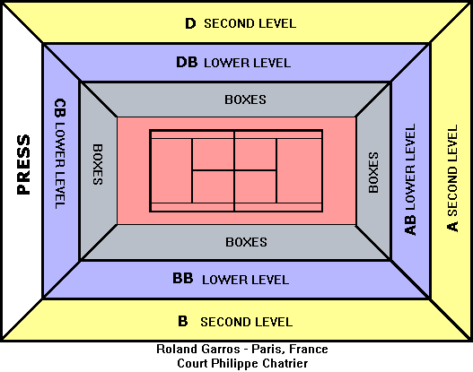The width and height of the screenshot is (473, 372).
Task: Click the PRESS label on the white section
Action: pyautogui.click(x=23, y=164)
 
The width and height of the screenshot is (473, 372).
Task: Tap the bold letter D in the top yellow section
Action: pyautogui.click(x=190, y=23)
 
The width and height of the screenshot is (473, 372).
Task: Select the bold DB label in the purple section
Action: pyautogui.click(x=187, y=63)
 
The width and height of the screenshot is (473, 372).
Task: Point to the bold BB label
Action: pyautogui.click(x=183, y=278)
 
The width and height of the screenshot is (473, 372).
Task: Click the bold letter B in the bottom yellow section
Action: pyautogui.click(x=183, y=321)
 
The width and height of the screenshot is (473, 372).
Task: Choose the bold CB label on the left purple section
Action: pyautogui.click(x=60, y=108)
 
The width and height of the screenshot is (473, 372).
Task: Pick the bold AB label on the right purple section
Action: pyautogui.click(x=410, y=225)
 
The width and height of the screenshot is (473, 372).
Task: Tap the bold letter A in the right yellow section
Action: pyautogui.click(x=452, y=227)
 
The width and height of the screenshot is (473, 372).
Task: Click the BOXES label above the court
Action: pyautogui.click(x=246, y=99)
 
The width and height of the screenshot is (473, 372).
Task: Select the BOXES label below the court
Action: pyautogui.click(x=247, y=242)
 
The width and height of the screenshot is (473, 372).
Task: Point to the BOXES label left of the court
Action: pyautogui.click(x=98, y=164)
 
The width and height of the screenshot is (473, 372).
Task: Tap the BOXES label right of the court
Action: pyautogui.click(x=373, y=172)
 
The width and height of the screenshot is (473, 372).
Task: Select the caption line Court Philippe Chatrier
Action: pyautogui.click(x=242, y=363)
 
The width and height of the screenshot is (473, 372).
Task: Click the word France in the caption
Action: pyautogui.click(x=308, y=349)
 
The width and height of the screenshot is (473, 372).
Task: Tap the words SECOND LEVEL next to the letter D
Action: pyautogui.click(x=250, y=24)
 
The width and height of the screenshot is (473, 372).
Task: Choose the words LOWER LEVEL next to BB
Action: pyautogui.click(x=246, y=281)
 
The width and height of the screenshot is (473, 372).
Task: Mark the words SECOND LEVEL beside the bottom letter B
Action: pyautogui.click(x=247, y=322)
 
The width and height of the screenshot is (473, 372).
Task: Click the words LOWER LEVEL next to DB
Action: pyautogui.click(x=248, y=64)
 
